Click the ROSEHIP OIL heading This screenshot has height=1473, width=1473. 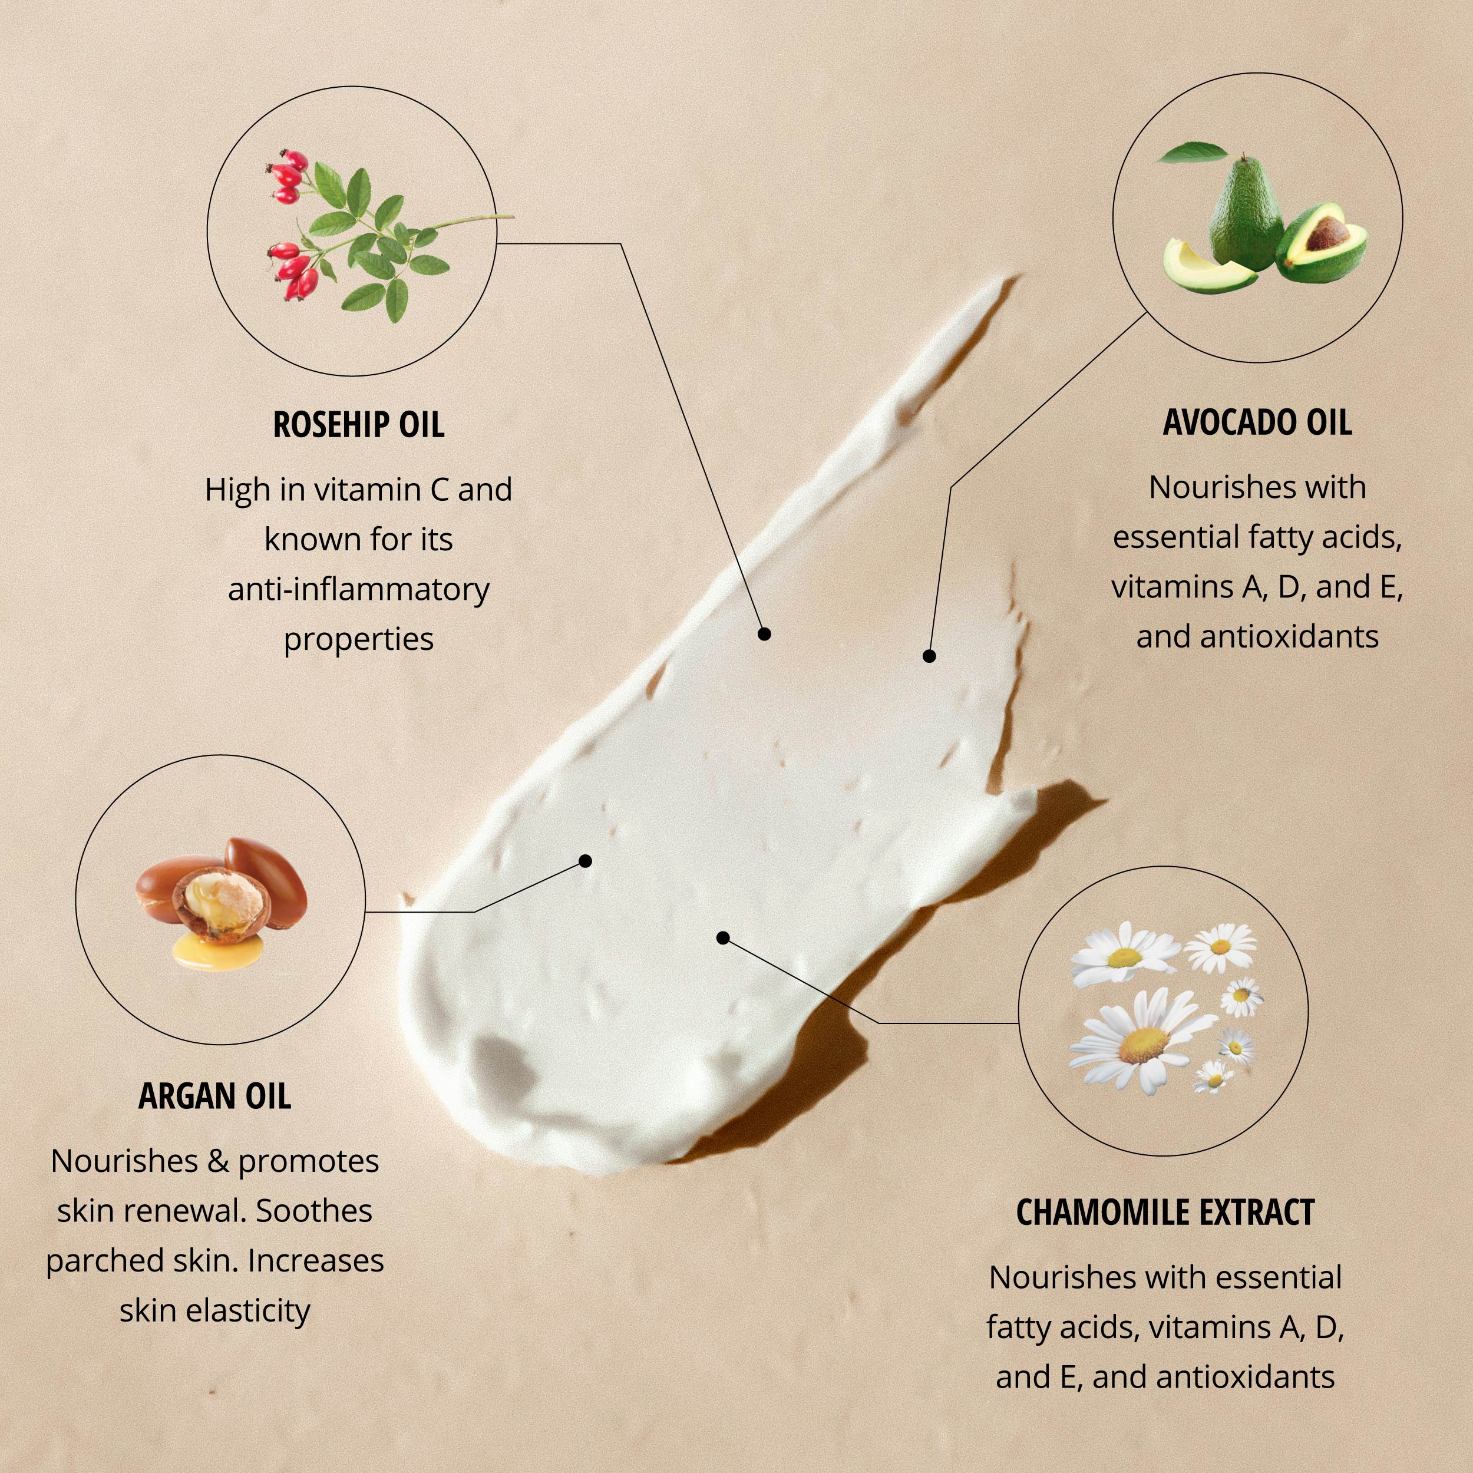[358, 425]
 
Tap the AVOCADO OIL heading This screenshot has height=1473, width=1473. [1257, 422]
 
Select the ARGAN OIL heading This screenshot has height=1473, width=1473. [215, 1097]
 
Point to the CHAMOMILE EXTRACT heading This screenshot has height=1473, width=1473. [1165, 1212]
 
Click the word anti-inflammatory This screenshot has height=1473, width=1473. [358, 589]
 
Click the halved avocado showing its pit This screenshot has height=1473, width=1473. [1323, 242]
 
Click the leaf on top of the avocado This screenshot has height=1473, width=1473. [1194, 153]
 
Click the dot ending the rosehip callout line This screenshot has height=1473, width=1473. [764, 633]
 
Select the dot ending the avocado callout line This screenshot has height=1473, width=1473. [929, 656]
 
